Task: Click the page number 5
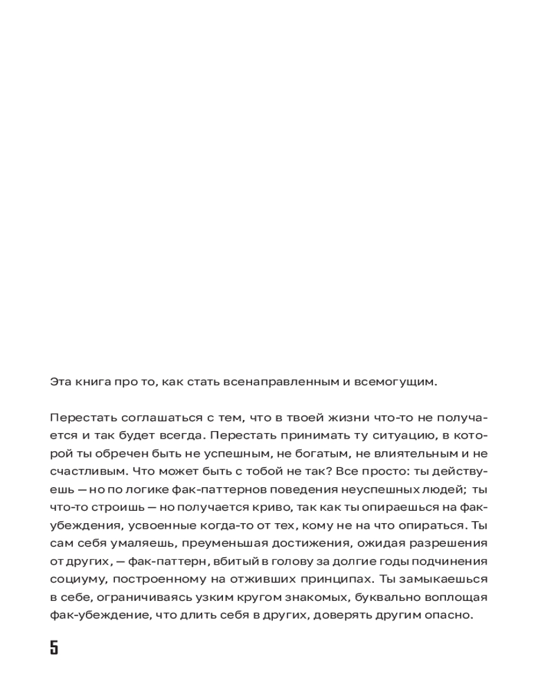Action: pos(54,648)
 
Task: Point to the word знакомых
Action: pos(322,597)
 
